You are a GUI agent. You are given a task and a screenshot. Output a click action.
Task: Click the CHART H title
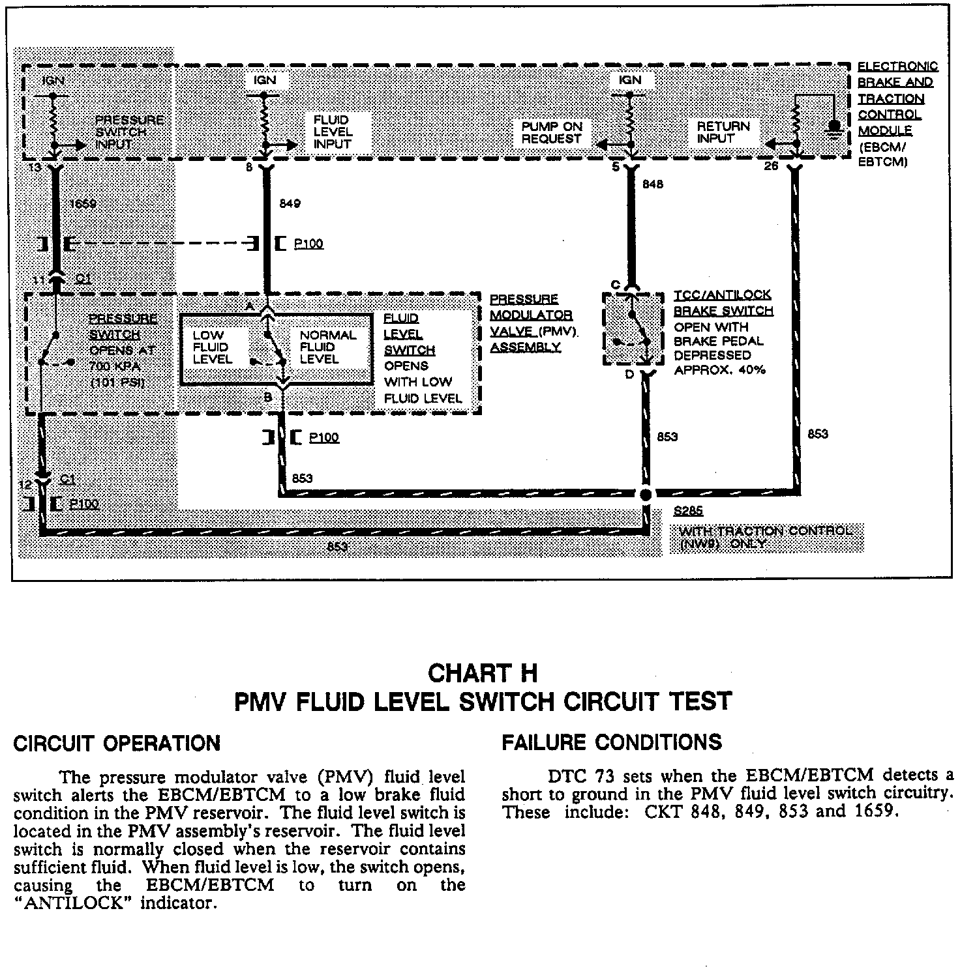pos(483,673)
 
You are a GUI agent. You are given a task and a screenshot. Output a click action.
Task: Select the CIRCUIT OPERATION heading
pos(117,744)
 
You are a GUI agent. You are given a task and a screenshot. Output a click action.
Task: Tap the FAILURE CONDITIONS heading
pos(612,742)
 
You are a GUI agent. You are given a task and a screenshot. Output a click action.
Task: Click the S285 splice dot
pos(646,495)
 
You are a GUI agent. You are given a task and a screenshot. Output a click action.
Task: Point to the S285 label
pos(688,512)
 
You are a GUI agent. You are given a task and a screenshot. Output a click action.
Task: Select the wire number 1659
pos(83,204)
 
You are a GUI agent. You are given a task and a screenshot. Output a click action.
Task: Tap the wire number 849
pos(290,204)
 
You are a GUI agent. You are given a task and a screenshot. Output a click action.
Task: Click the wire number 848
pos(653,184)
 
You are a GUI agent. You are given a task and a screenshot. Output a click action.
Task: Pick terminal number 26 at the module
pos(771,167)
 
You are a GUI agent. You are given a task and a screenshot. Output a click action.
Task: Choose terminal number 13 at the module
pos(35,167)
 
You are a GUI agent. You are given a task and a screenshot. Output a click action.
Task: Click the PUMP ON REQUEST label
pos(551,132)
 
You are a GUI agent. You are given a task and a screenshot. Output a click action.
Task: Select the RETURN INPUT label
pos(723,132)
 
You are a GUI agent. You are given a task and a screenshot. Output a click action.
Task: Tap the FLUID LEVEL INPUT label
pos(333,132)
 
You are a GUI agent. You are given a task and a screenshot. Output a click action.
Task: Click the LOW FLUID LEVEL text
pos(212,347)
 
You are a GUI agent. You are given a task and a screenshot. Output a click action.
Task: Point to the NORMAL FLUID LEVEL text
pos(327,347)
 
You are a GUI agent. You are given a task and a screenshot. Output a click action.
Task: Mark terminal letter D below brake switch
pos(629,375)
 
